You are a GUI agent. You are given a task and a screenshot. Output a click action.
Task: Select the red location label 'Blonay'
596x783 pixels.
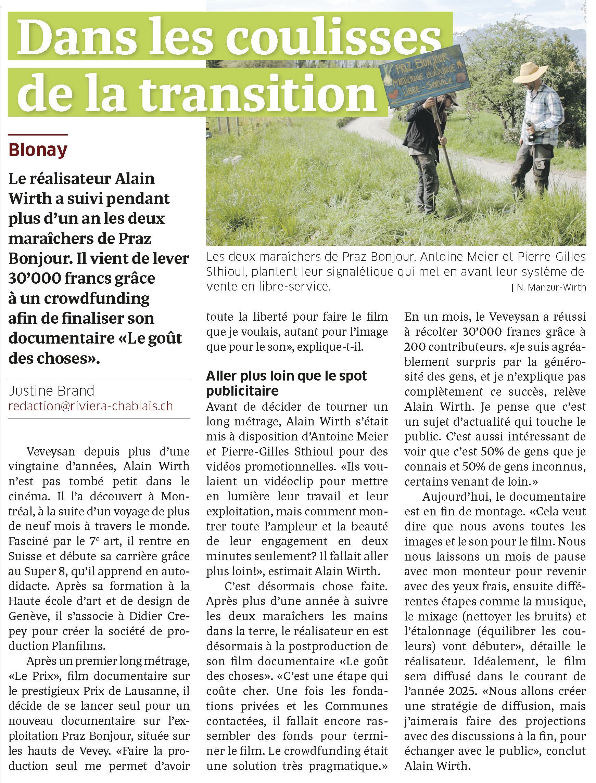click(x=38, y=150)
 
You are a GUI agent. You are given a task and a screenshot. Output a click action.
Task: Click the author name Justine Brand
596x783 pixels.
click(x=51, y=391)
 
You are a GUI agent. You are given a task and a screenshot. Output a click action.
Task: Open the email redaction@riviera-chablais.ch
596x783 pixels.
click(x=90, y=406)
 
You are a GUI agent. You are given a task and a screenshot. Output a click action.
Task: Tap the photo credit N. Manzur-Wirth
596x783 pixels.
click(x=550, y=287)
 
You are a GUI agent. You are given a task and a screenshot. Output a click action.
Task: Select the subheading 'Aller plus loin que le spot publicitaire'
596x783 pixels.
click(x=286, y=383)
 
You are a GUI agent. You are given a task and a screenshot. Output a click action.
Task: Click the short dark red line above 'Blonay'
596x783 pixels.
click(x=38, y=135)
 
